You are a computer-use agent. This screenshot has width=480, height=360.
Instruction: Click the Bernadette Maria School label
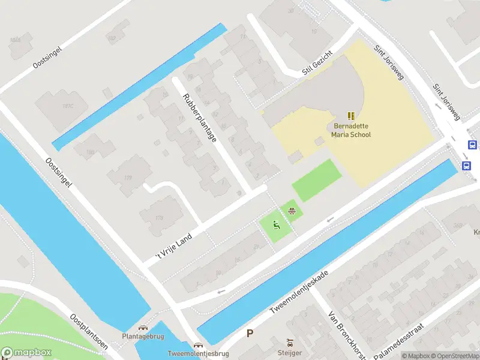click(352, 130)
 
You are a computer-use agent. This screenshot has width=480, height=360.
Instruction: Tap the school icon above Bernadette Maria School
click(352, 116)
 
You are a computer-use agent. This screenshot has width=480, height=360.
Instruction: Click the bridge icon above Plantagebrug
click(143, 328)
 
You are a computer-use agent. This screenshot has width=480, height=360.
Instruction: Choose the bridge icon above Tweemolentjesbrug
click(197, 346)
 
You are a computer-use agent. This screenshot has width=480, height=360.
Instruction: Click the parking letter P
click(250, 334)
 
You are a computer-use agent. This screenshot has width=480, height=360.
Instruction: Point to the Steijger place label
click(290, 353)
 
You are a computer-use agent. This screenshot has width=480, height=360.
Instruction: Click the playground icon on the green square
click(276, 226)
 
